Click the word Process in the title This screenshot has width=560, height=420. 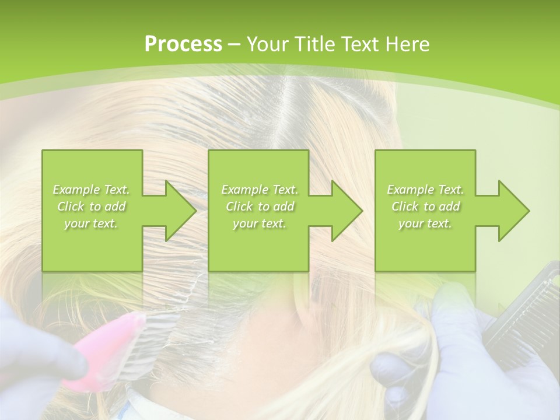point(183,44)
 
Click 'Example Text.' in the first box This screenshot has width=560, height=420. point(92,190)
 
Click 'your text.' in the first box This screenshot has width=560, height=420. point(92,223)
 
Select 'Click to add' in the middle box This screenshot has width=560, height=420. point(260,206)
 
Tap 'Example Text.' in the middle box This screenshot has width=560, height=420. point(260,190)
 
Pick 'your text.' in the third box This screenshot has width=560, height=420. point(425,223)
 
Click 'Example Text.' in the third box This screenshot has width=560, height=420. point(425,190)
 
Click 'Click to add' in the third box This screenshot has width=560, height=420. point(425,206)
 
